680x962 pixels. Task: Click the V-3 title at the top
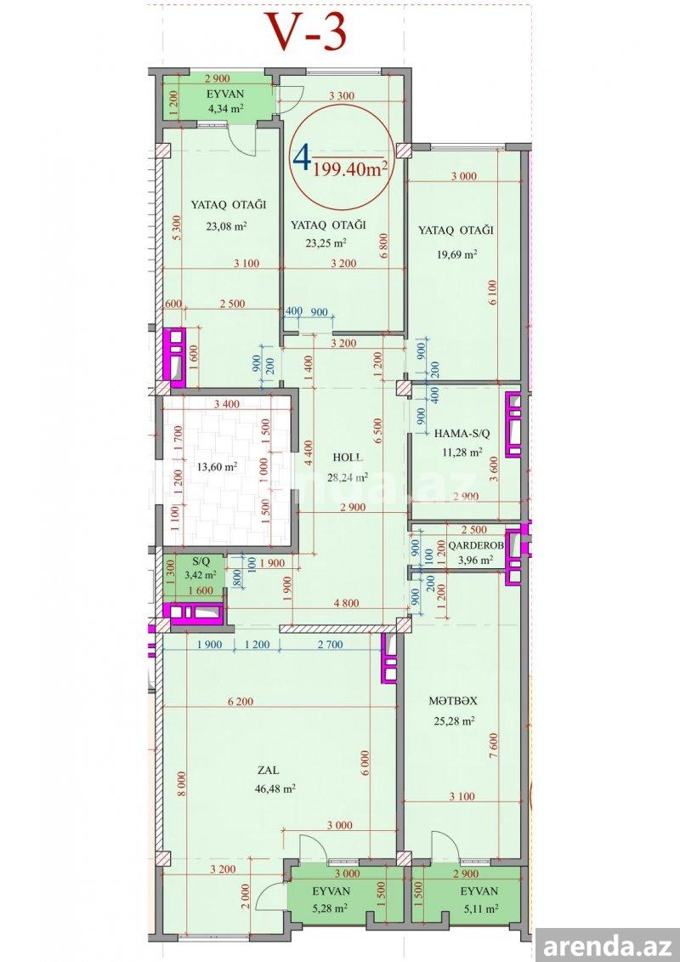tap(307, 32)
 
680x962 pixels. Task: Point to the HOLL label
tap(347, 457)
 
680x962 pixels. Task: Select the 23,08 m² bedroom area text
tap(226, 225)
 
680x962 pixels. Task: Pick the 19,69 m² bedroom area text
tap(457, 253)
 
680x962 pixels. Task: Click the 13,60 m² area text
tap(217, 467)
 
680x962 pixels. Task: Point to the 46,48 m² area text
tap(275, 788)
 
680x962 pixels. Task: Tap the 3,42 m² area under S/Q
tap(201, 575)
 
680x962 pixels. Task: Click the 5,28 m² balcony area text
tap(331, 908)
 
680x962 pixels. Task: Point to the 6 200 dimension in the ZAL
tap(241, 702)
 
